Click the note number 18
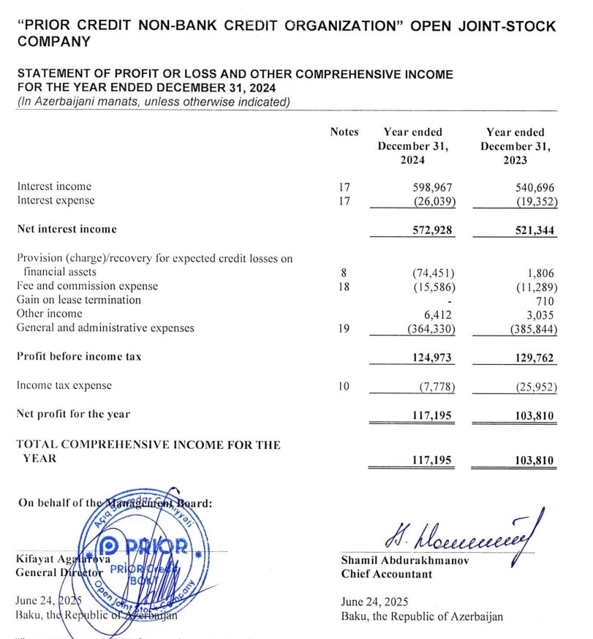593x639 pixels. pyautogui.click(x=344, y=286)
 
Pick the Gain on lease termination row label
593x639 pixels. pyautogui.click(x=78, y=300)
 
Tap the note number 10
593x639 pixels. pyautogui.click(x=344, y=385)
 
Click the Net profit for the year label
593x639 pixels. pyautogui.click(x=73, y=414)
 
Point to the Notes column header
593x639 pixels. pyautogui.click(x=344, y=132)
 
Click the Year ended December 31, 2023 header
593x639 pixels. pyautogui.click(x=515, y=146)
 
